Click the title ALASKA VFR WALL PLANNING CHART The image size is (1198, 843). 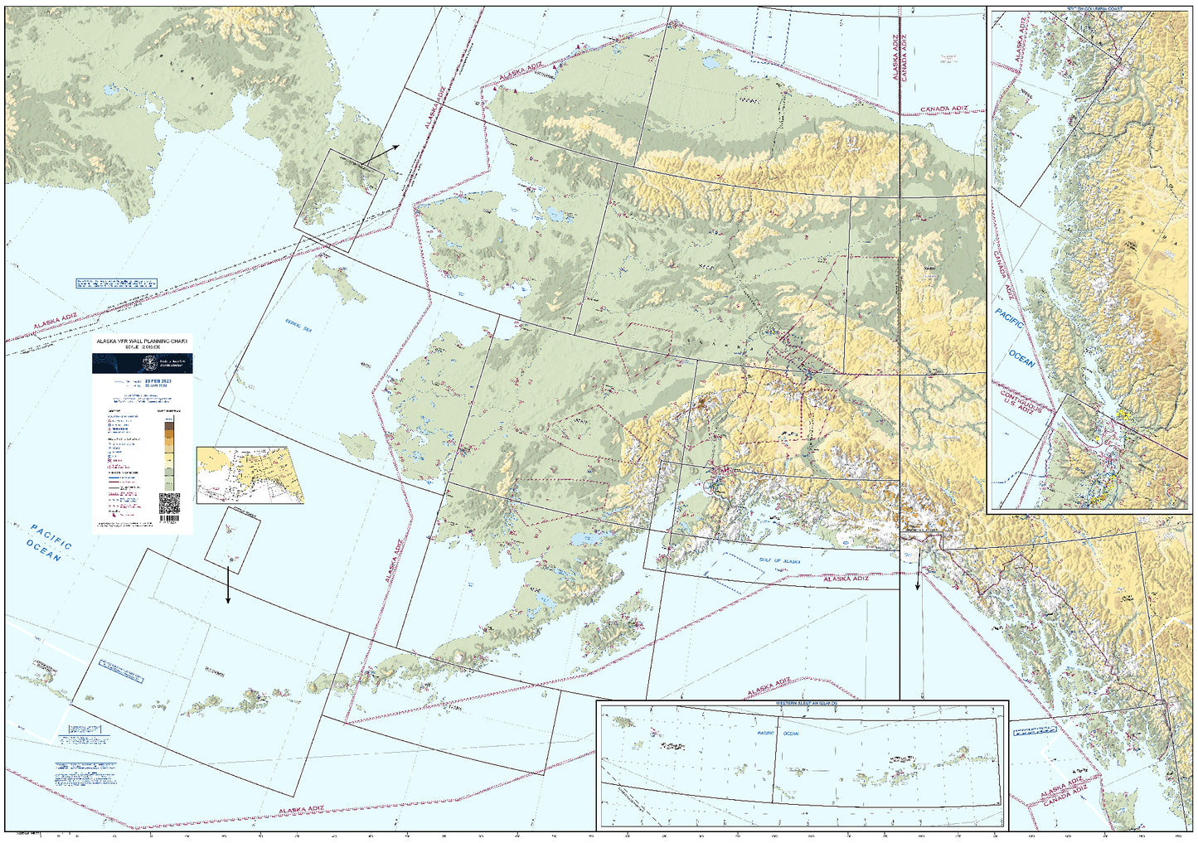[x=142, y=341]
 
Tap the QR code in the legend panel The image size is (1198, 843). [x=168, y=503]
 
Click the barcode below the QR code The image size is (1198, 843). [x=168, y=524]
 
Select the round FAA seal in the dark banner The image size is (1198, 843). [x=149, y=363]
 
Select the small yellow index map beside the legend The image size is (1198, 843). [x=250, y=475]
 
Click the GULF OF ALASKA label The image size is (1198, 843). [x=780, y=561]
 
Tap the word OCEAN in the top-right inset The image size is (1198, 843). [x=1021, y=358]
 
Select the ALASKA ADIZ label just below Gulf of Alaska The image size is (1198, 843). [x=846, y=579]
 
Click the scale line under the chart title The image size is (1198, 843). [x=142, y=347]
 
